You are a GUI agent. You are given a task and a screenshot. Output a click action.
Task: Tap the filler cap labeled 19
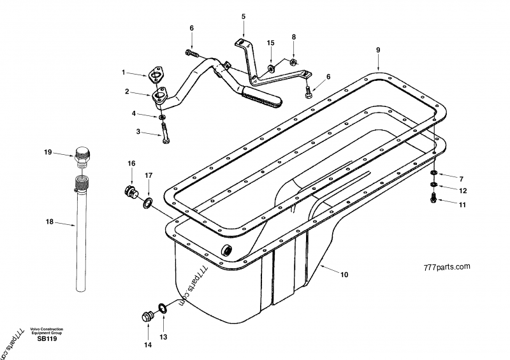[x=84, y=155]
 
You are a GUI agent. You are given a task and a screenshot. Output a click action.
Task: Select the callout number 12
[x=463, y=190]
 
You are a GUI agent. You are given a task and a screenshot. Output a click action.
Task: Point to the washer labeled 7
[x=433, y=173]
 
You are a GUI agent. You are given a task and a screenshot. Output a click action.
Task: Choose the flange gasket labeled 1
[x=154, y=75]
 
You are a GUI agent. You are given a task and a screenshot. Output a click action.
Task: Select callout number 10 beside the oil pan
[x=344, y=275]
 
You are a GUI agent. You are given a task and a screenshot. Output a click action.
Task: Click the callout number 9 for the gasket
[x=377, y=49]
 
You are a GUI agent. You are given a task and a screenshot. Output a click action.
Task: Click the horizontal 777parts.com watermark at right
[x=445, y=266]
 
